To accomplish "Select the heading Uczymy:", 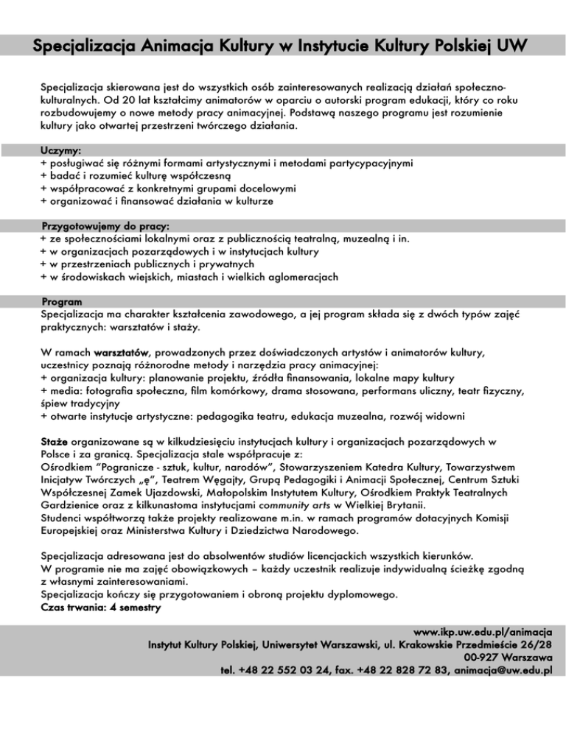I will tap(61, 150).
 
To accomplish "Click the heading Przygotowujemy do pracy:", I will tap(105, 227).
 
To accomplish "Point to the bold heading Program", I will tap(62, 302).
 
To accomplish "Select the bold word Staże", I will tap(54, 441).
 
